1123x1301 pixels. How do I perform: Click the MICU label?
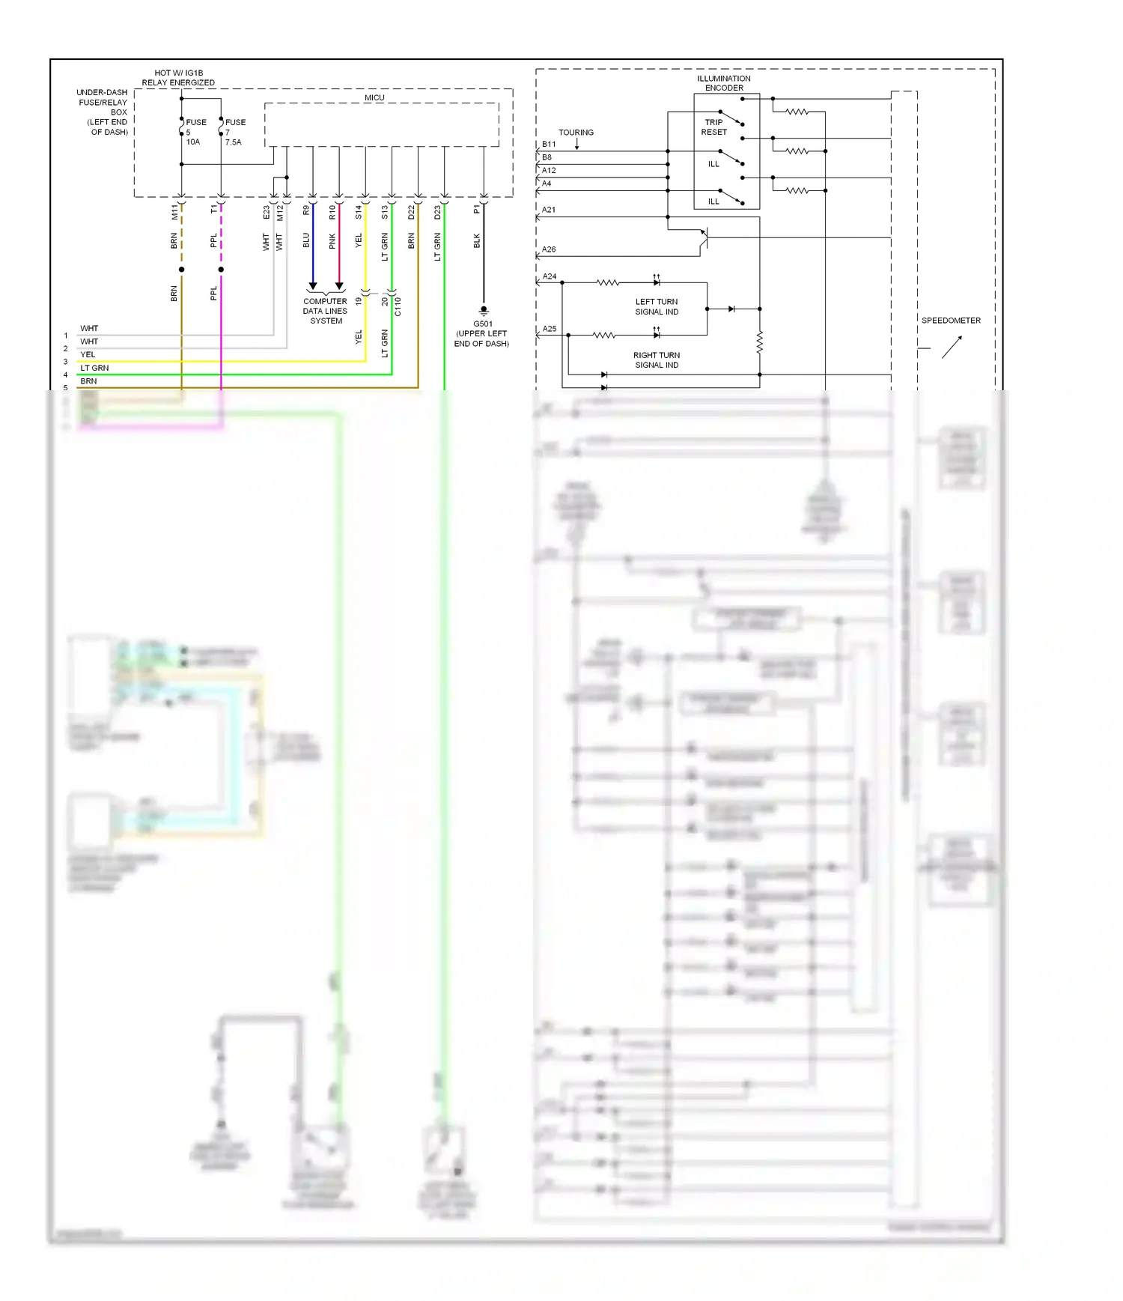pyautogui.click(x=374, y=98)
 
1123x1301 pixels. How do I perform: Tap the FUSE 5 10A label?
pyautogui.click(x=195, y=132)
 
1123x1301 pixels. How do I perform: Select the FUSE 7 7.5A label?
pyautogui.click(x=234, y=132)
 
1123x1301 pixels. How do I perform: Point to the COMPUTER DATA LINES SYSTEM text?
pyautogui.click(x=326, y=312)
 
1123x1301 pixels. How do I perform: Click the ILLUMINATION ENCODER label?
pyautogui.click(x=724, y=83)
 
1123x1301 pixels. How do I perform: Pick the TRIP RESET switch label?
pyautogui.click(x=713, y=127)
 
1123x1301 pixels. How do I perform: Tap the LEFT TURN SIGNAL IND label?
pyautogui.click(x=657, y=307)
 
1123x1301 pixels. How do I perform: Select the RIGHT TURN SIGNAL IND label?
pyautogui.click(x=657, y=360)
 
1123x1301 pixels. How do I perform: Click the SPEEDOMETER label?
pyautogui.click(x=951, y=321)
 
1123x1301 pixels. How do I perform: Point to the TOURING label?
pyautogui.click(x=576, y=133)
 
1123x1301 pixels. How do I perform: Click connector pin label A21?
pyautogui.click(x=549, y=210)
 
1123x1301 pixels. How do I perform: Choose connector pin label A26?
pyautogui.click(x=549, y=250)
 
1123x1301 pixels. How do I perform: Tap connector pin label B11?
pyautogui.click(x=549, y=145)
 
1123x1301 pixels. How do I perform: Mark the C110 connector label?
pyautogui.click(x=398, y=306)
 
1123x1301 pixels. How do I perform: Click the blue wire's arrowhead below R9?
pyautogui.click(x=313, y=286)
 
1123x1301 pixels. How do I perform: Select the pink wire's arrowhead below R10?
pyautogui.click(x=339, y=286)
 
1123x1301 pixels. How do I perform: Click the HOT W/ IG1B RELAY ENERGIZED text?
pyautogui.click(x=178, y=78)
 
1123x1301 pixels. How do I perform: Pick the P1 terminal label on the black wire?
pyautogui.click(x=477, y=210)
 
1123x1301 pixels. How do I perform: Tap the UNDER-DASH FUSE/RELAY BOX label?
pyautogui.click(x=103, y=112)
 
